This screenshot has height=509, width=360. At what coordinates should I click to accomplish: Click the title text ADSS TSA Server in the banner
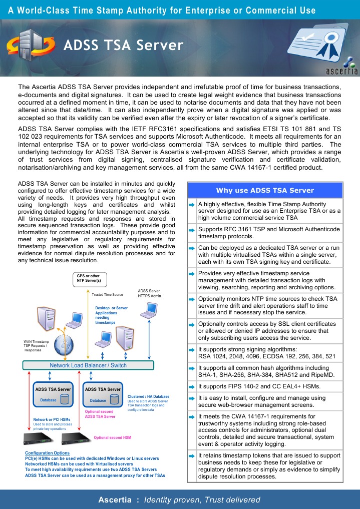coord(123,46)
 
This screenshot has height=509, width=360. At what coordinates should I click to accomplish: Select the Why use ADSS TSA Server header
coord(264,190)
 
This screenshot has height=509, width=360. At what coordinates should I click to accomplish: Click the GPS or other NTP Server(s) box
coord(88,278)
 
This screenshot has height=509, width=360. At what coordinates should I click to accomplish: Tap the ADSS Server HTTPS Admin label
coord(148,293)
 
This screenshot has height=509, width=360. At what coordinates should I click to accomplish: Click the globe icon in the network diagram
coord(65,344)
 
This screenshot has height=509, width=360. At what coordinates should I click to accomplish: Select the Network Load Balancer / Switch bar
coord(88,365)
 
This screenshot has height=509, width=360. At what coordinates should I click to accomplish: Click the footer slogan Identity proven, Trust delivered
coord(202,499)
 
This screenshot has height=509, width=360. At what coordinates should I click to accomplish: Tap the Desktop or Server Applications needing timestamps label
coord(111,315)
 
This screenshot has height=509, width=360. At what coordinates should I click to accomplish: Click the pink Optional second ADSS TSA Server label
coord(100,414)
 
